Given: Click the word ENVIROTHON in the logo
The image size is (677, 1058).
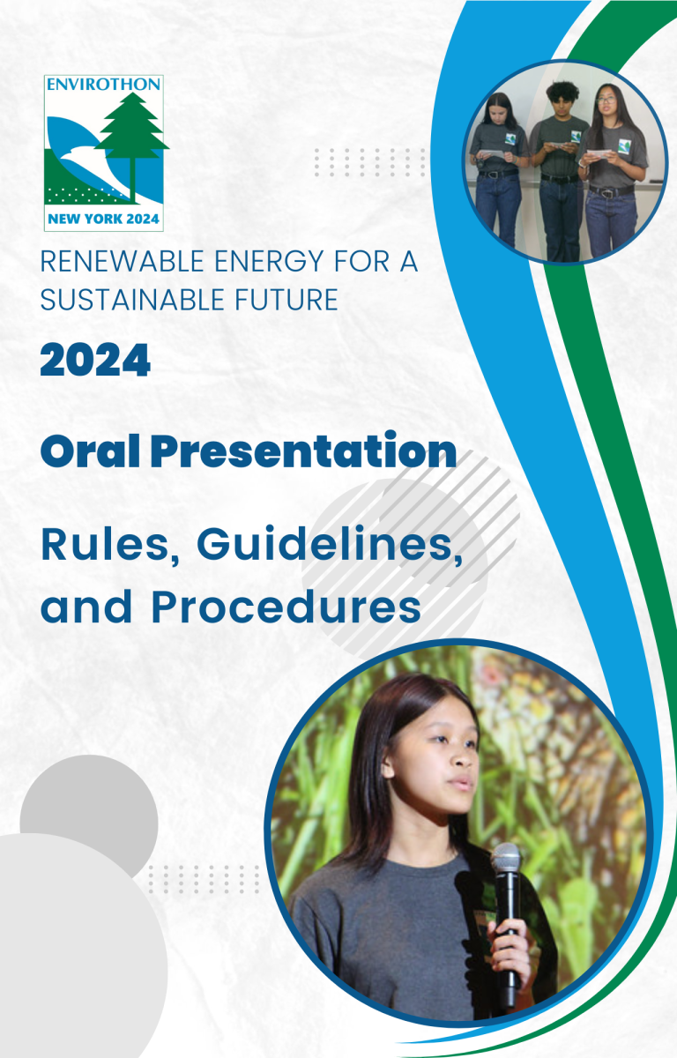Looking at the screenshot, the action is point(103,84).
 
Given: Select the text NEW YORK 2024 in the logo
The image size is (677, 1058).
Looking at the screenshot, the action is point(103,220).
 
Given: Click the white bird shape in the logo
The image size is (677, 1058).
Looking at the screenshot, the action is point(94,166).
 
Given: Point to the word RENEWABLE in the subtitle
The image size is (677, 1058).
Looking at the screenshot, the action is point(123,261).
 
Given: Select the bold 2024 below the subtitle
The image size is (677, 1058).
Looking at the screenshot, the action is point(95,360).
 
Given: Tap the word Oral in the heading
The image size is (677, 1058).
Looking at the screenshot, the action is point(90,451).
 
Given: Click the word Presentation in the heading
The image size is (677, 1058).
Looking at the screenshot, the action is point(303,451).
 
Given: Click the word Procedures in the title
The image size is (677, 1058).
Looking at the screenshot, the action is point(286,607).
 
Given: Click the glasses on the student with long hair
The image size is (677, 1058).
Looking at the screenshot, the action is point(606,101).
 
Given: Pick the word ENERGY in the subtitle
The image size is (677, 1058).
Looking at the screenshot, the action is point(269,261).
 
